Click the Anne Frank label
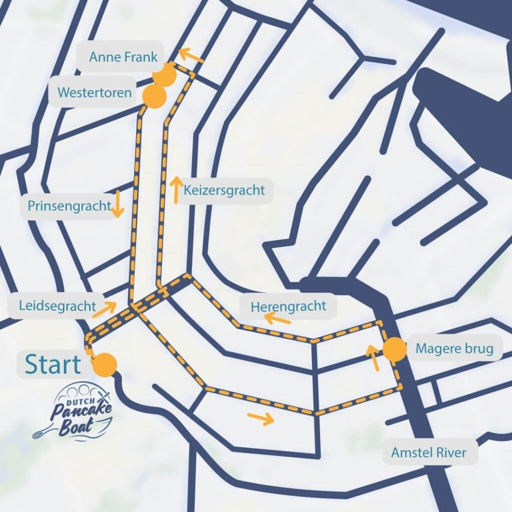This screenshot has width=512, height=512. pos(123,57)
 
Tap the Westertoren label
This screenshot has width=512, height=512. pos(94,92)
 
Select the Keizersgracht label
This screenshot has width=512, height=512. pos(224,190)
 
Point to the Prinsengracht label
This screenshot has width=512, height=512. pos(69,205)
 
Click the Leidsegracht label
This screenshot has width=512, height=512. pos(57,305)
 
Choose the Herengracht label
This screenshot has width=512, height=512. pos(288,306)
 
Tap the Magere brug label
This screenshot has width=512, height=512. pos(454,348)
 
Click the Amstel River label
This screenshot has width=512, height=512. pos(429,453)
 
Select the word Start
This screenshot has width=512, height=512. pos(53,364)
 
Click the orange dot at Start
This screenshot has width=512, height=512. pos(106,364)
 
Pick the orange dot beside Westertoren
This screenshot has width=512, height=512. pos(154,96)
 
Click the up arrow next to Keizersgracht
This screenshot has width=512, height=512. pos(176,189)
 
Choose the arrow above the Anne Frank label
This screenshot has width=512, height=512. pos(191,55)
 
